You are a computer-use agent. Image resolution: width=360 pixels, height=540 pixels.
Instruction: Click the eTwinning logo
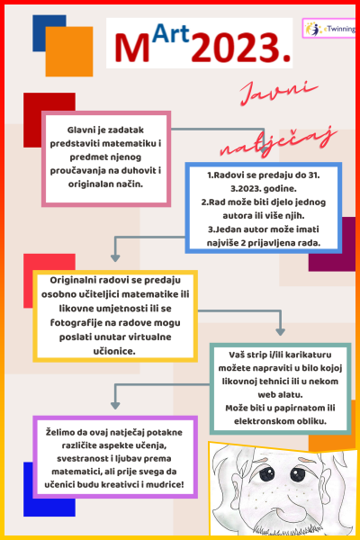point(329,28)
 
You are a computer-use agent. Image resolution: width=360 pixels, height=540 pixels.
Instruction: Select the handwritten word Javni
point(278,93)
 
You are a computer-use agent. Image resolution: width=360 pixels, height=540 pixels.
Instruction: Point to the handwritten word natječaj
point(278,142)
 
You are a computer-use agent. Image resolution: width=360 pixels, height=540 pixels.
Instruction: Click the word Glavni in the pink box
point(81,130)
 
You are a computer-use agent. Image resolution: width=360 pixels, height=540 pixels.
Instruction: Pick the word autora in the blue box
point(237,216)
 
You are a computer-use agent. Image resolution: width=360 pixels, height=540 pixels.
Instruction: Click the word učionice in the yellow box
point(114,351)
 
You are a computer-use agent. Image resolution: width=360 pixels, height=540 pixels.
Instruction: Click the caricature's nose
point(283,502)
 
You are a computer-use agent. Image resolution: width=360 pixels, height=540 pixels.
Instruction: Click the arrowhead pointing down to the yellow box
point(115,257)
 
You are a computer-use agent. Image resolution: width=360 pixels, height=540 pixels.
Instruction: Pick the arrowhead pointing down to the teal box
point(281,331)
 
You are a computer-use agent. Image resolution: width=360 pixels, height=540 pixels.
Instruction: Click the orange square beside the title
point(69,51)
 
